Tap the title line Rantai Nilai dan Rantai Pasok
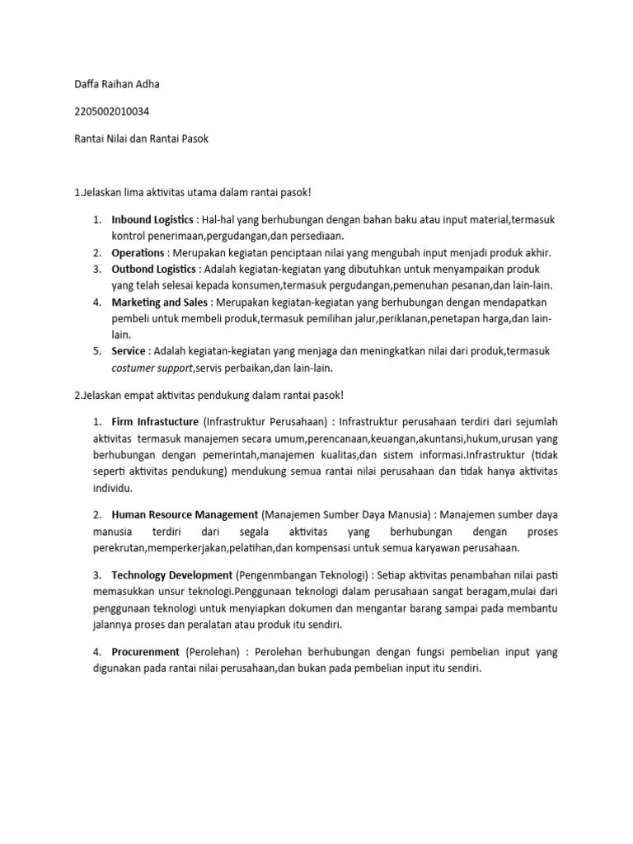click(141, 139)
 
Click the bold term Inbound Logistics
click(153, 221)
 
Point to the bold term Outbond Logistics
click(154, 269)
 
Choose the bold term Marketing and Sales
click(161, 303)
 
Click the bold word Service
click(129, 351)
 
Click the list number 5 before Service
click(96, 351)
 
